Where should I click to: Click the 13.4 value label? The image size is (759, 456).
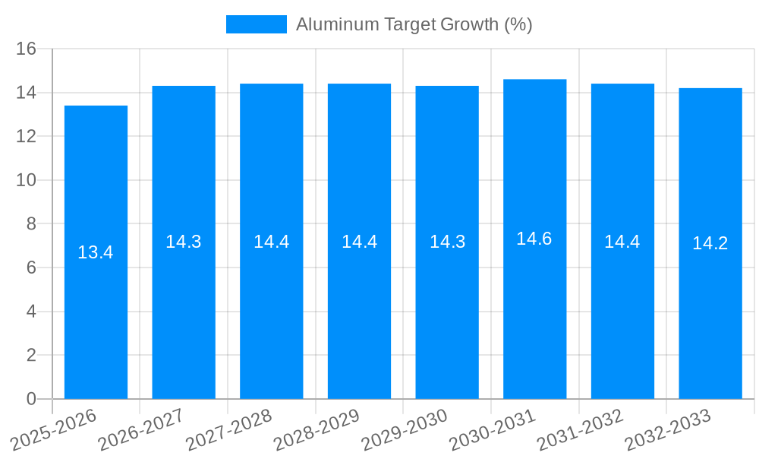[x=96, y=252]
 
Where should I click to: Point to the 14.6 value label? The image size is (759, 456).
[x=534, y=239]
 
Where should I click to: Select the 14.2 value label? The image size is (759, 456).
[x=710, y=243]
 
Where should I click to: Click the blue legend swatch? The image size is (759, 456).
[x=257, y=24]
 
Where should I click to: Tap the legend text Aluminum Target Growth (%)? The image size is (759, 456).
[x=414, y=24]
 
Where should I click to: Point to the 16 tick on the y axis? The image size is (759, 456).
[x=27, y=49]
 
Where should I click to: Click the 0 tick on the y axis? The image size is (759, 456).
[x=31, y=399]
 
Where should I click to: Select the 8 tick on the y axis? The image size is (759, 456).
[x=31, y=224]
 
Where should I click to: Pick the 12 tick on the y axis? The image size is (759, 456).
[x=27, y=137]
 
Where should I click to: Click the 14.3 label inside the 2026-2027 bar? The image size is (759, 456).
[x=184, y=242]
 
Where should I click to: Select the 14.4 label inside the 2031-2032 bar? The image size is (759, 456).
[x=622, y=242]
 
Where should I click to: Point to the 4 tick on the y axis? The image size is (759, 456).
[x=31, y=312]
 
